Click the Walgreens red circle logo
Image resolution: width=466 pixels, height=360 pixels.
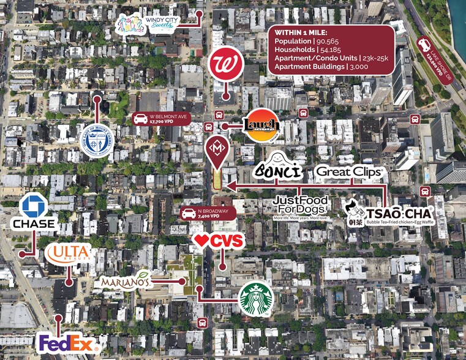(x=226, y=64)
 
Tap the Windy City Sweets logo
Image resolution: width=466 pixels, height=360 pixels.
(x=146, y=25)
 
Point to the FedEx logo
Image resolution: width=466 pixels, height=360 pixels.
(x=67, y=343)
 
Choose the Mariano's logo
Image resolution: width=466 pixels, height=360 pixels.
(x=126, y=281)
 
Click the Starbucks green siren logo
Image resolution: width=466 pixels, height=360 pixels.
(x=255, y=299)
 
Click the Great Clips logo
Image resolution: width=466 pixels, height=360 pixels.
(x=349, y=172)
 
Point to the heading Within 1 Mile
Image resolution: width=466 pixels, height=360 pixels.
(x=301, y=31)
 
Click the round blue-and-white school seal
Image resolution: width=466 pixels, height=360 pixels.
(x=97, y=141)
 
